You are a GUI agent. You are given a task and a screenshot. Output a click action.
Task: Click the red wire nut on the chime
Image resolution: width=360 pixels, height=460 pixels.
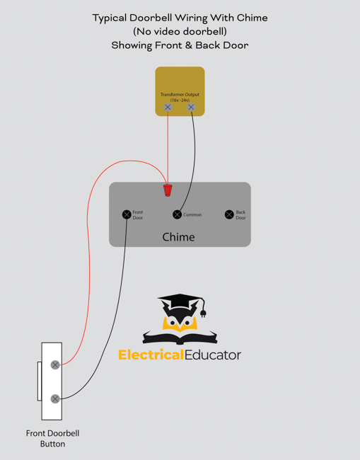pyautogui.click(x=168, y=190)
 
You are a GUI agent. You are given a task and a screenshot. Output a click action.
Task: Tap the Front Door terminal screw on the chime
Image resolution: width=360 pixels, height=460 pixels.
pyautogui.click(x=127, y=214)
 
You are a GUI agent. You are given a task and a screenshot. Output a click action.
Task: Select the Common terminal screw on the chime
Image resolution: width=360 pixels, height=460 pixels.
pyautogui.click(x=177, y=214)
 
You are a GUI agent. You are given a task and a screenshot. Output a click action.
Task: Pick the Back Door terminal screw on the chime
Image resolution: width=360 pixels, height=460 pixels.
pyautogui.click(x=229, y=214)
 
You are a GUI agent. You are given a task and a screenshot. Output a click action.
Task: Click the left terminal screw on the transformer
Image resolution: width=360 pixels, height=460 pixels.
pyautogui.click(x=168, y=107)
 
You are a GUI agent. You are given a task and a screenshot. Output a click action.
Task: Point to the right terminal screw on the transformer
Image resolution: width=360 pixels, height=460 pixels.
pyautogui.click(x=191, y=107)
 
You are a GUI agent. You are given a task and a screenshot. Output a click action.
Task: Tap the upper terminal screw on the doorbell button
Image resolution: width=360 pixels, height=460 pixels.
pyautogui.click(x=55, y=365)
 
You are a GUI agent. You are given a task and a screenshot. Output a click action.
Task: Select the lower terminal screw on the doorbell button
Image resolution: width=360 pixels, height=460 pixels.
pyautogui.click(x=55, y=398)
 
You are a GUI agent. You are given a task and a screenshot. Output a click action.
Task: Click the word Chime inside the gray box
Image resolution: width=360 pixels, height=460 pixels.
pyautogui.click(x=178, y=237)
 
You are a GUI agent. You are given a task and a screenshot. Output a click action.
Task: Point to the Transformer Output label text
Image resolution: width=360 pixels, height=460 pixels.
pyautogui.click(x=180, y=94)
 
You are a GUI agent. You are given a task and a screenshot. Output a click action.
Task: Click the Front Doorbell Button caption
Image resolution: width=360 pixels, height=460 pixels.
pyautogui.click(x=53, y=439)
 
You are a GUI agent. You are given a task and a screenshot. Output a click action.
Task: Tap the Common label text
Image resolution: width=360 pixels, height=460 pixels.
pyautogui.click(x=192, y=214)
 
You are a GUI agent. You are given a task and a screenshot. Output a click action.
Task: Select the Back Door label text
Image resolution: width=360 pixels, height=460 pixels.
pyautogui.click(x=240, y=214)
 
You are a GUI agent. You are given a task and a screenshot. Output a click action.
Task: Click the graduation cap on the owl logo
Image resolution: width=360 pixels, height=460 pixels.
pyautogui.click(x=180, y=301)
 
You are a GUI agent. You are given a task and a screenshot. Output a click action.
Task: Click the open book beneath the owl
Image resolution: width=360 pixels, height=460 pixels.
pyautogui.click(x=180, y=338)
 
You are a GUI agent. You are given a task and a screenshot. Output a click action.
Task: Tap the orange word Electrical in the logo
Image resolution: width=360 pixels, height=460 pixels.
pyautogui.click(x=151, y=355)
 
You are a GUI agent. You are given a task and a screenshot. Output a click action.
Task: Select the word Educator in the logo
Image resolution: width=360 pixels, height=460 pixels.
pyautogui.click(x=213, y=355)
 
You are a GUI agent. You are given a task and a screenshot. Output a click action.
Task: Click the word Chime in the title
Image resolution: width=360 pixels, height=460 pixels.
pyautogui.click(x=252, y=18)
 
